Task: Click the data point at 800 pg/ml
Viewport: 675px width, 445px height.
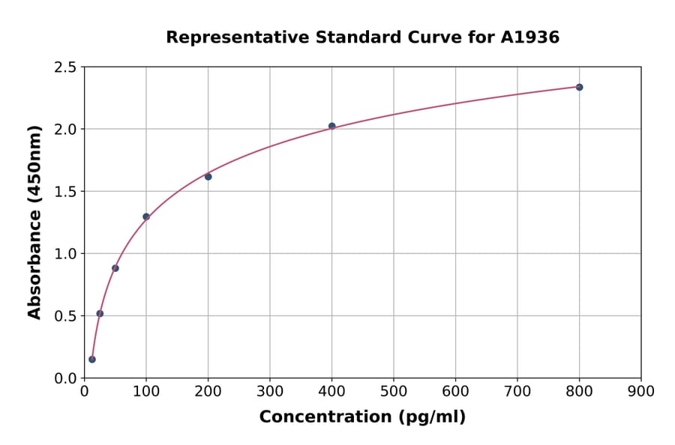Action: point(579,87)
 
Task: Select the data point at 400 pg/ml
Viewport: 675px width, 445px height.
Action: point(331,126)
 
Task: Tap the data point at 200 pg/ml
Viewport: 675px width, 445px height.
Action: point(208,177)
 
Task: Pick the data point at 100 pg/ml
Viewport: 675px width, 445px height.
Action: point(146,217)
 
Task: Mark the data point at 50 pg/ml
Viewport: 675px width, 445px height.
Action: point(115,268)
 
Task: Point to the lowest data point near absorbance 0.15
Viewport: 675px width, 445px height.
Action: point(92,359)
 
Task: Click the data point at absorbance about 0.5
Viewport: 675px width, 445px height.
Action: point(100,313)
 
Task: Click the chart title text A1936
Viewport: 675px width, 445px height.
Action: point(529,37)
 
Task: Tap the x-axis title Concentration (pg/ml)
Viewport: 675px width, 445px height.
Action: point(362,417)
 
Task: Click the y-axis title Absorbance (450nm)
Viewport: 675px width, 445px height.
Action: point(34,222)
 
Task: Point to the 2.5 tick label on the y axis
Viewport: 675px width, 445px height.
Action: point(64,67)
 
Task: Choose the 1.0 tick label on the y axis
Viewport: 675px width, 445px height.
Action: point(64,254)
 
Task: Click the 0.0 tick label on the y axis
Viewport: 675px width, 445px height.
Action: point(64,378)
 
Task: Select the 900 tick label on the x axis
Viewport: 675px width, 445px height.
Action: point(640,392)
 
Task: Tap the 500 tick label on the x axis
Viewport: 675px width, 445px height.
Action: point(393,392)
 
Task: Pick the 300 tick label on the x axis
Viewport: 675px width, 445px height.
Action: point(269,392)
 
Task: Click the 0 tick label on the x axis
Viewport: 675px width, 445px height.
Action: point(84,392)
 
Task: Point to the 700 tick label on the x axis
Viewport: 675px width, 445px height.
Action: point(517,392)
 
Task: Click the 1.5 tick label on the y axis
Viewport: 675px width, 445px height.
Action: point(64,192)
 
